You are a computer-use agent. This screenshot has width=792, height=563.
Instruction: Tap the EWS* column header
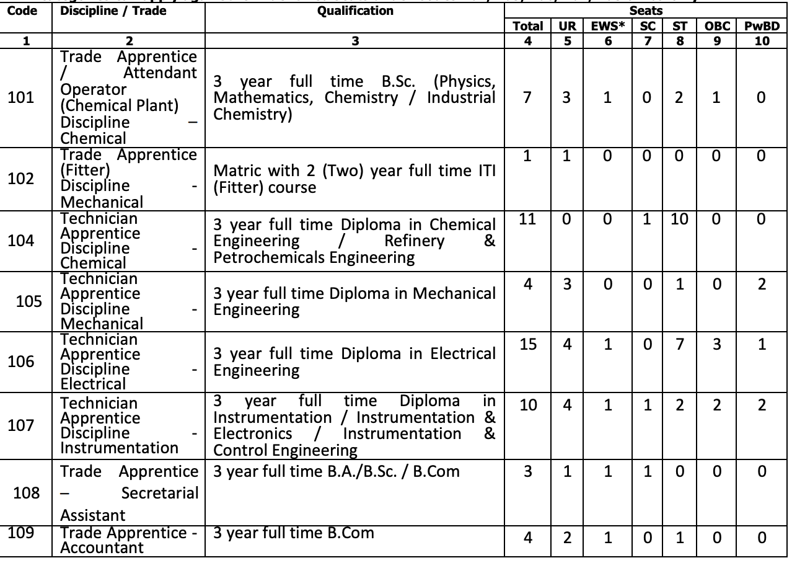tap(607, 26)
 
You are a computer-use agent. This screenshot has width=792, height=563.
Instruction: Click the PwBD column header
tap(762, 26)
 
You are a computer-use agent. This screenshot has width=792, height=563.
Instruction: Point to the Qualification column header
tap(354, 11)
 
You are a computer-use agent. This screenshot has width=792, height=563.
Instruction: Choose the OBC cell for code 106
tap(718, 342)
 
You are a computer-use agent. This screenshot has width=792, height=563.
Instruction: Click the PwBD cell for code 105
tap(762, 283)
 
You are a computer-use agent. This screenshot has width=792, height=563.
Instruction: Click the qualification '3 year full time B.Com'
tap(294, 533)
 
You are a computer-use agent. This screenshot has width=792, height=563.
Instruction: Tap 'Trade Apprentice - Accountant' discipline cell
tap(129, 539)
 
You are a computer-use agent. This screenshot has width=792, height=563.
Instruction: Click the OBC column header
tap(718, 26)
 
